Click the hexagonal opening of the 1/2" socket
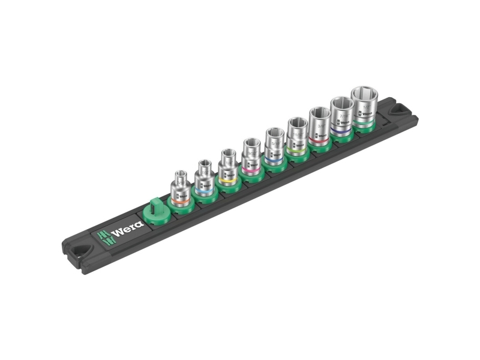click(x=364, y=92)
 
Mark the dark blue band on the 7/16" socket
click(x=342, y=128)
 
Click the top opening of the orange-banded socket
click(x=179, y=175)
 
